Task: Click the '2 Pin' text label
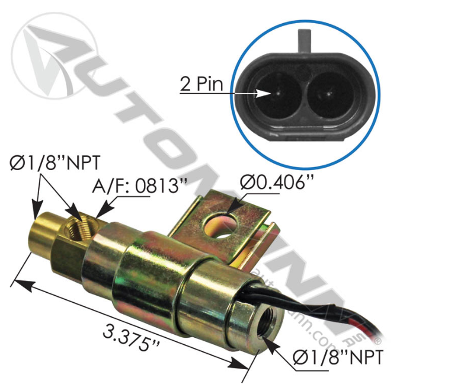click(201, 85)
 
